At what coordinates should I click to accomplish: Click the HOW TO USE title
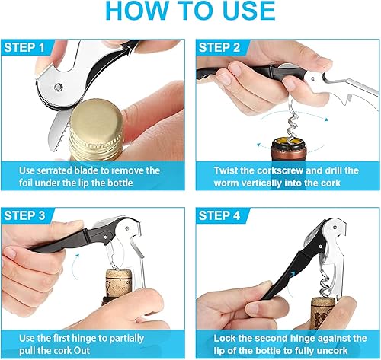[190, 13]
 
